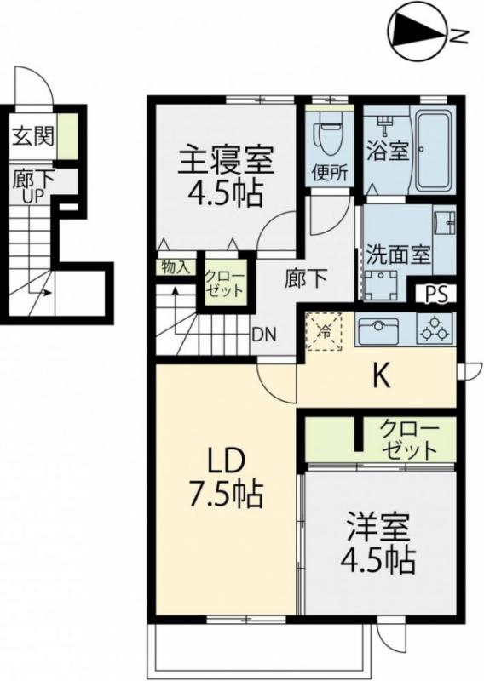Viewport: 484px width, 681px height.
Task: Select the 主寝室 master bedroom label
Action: coord(225,160)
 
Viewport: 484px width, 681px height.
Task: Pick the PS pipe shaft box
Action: coord(435,294)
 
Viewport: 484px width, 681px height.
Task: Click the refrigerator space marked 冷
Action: coord(324,329)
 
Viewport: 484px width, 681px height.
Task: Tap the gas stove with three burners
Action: coord(434,329)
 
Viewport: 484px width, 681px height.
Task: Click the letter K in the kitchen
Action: coord(380,377)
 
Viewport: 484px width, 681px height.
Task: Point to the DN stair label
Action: coord(262,334)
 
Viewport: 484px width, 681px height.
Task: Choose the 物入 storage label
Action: coord(175,266)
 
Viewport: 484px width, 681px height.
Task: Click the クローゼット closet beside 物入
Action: coord(224,281)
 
